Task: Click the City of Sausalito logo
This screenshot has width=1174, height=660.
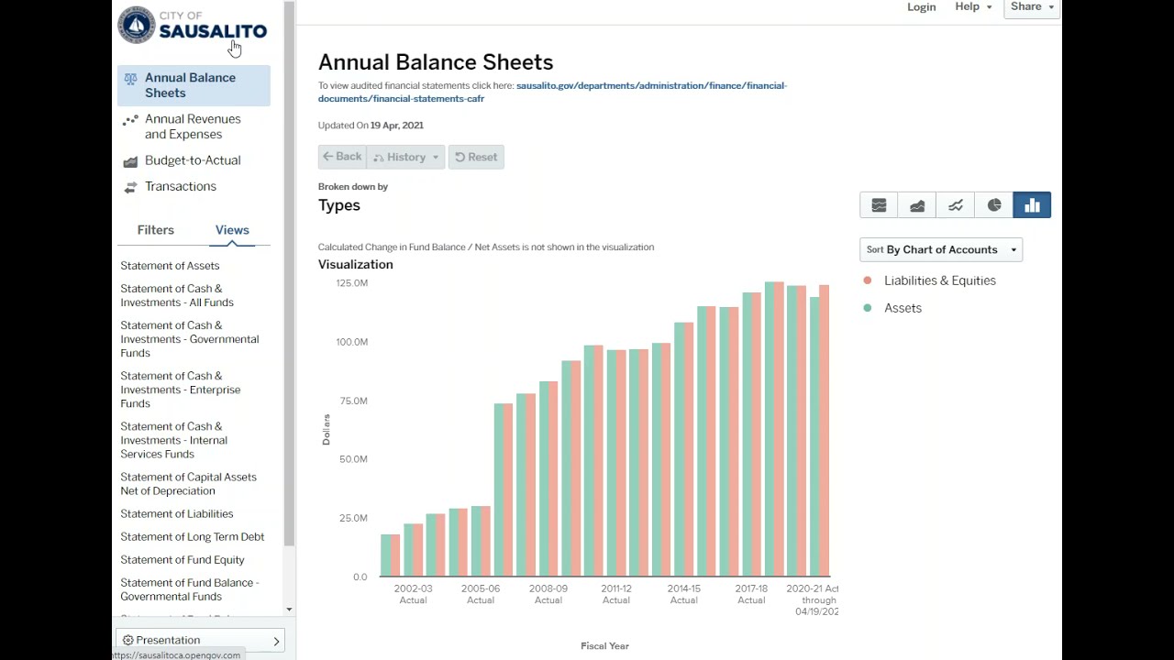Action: pos(192,26)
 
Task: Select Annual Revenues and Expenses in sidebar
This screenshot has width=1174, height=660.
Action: pos(193,126)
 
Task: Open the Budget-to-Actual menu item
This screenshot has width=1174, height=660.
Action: pos(193,160)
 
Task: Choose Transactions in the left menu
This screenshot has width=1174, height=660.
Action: pos(181,186)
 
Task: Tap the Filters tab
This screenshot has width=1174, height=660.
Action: pos(155,230)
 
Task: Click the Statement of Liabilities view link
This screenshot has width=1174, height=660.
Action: pos(177,513)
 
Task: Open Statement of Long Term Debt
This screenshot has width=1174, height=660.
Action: pos(192,536)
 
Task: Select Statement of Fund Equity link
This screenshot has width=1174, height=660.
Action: pos(183,559)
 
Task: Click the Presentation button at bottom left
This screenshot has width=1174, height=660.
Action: pos(200,640)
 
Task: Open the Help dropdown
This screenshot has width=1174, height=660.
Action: pos(972,7)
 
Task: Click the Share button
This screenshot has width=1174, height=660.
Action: pos(1031,7)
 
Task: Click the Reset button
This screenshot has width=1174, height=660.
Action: pos(476,157)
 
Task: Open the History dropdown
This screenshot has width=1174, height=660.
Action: pos(405,157)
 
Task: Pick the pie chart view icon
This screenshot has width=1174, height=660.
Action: pos(994,205)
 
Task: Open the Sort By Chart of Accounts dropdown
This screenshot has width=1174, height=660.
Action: pos(941,249)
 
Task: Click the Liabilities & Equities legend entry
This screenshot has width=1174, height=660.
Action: pos(939,280)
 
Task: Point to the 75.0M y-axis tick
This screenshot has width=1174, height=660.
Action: pos(352,401)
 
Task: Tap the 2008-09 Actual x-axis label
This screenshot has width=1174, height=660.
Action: pos(548,594)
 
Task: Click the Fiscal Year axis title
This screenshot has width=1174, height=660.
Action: pos(604,646)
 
